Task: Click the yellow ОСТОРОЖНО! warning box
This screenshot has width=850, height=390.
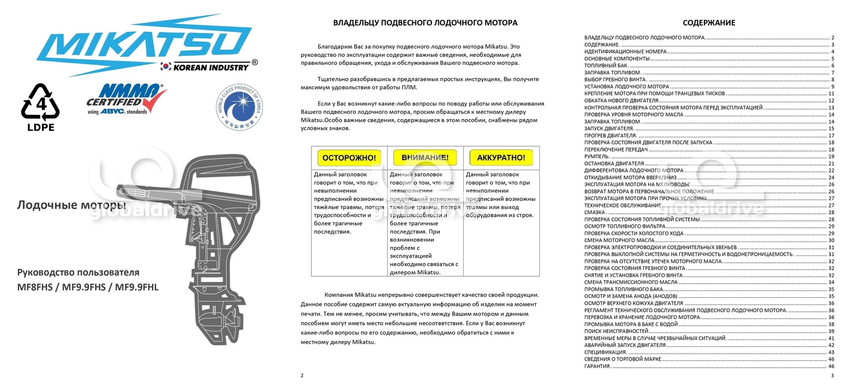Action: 349,158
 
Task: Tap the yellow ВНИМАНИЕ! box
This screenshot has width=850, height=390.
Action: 425,158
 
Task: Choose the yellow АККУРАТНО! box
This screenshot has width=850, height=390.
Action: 501,158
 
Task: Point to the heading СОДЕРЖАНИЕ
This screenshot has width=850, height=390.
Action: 709,23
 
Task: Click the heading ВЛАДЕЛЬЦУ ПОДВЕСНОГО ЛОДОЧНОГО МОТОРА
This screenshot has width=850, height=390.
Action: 425,23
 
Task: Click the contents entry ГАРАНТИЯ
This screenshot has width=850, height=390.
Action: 597,366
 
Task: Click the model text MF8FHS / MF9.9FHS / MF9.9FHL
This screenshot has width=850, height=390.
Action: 88,287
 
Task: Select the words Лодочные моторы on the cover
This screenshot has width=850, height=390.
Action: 71,205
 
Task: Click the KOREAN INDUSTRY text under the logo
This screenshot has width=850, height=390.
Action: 211,68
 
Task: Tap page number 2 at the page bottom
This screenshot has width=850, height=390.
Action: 302,376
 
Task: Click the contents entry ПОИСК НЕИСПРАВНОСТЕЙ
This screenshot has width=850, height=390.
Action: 616,331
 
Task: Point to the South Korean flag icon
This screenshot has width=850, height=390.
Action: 166,67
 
